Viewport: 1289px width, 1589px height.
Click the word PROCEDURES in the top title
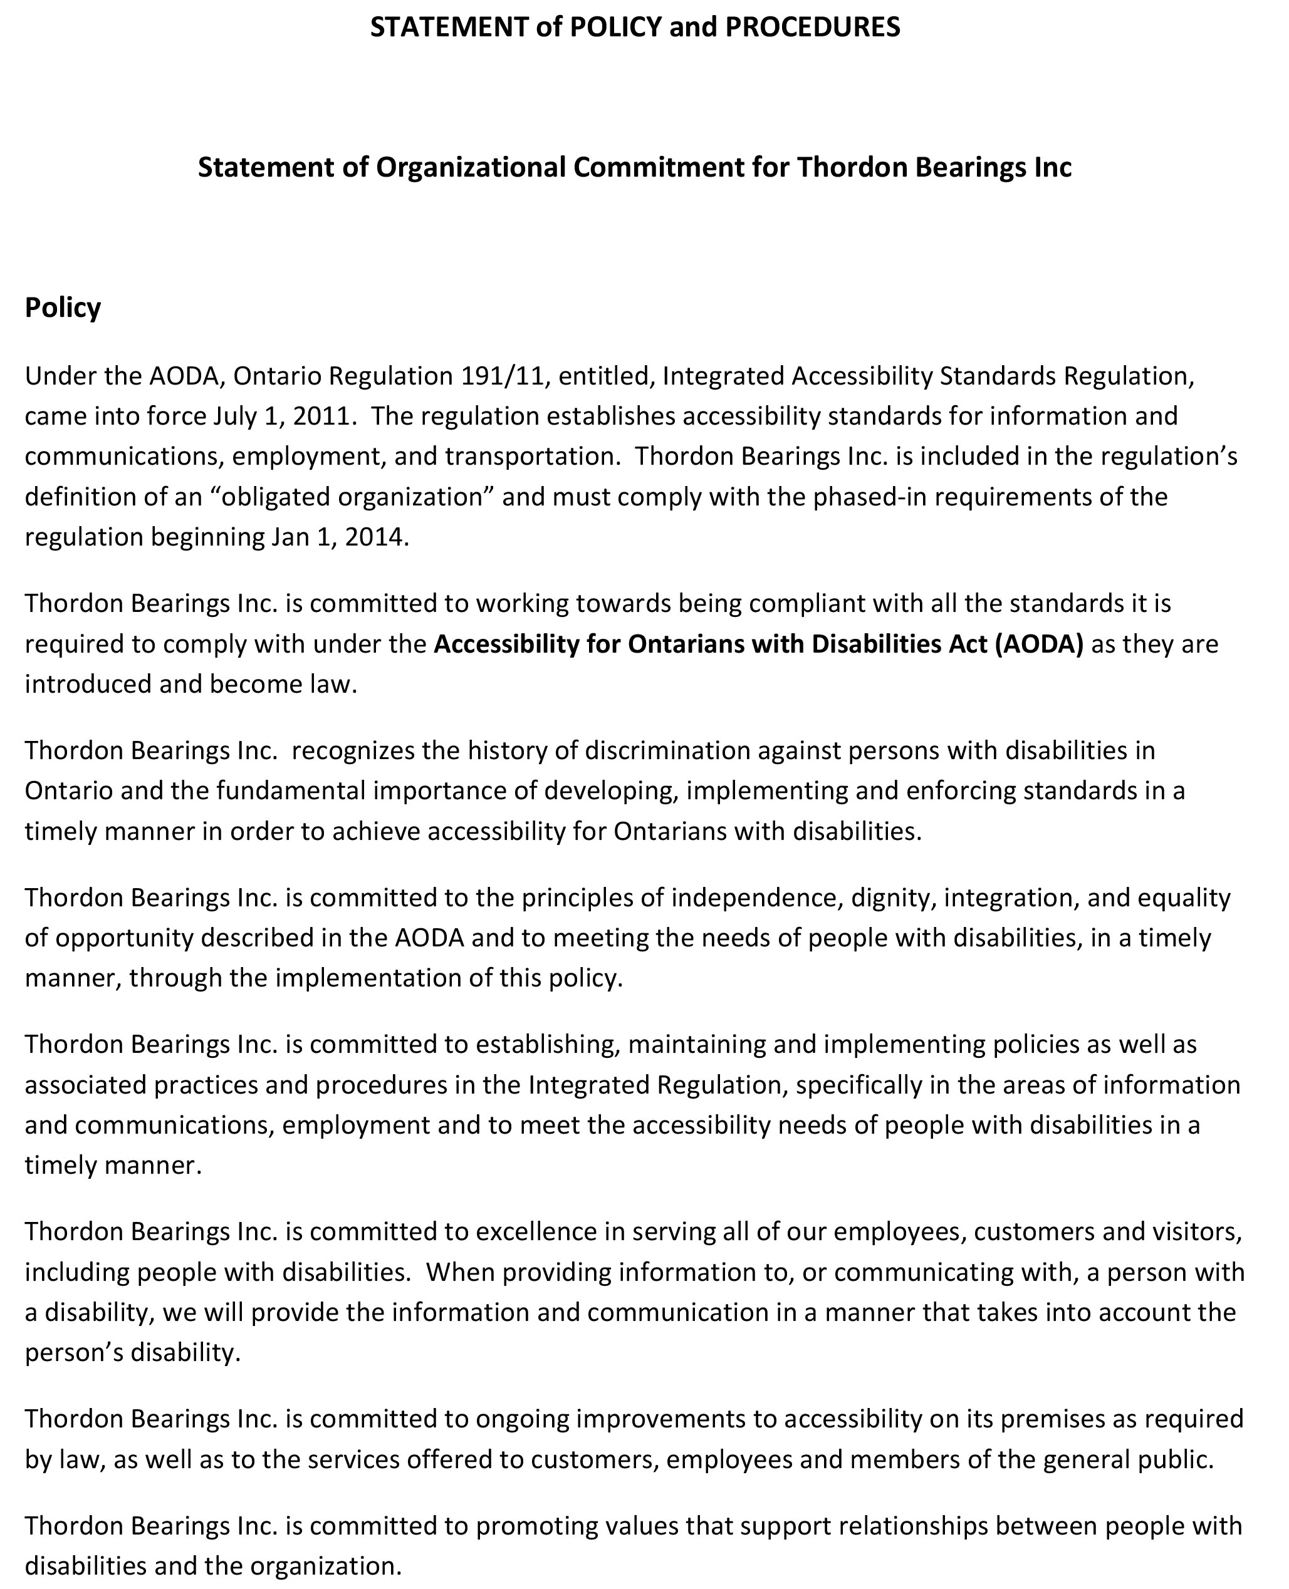[x=812, y=28]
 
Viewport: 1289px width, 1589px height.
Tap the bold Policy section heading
[x=63, y=308]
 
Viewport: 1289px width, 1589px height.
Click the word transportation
[x=533, y=457]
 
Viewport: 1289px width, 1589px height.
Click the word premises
[x=1053, y=1419]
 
